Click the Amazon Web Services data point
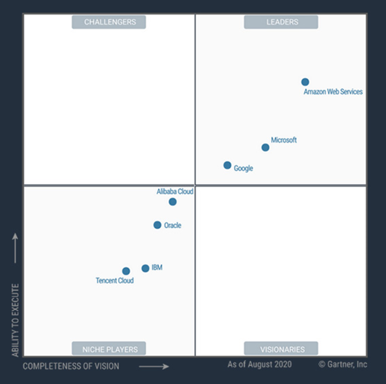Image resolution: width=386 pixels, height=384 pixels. (305, 82)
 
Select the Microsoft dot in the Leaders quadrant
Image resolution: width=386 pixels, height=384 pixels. (265, 148)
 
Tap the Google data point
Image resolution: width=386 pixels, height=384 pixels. (227, 165)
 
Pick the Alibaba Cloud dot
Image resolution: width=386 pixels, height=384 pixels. (172, 202)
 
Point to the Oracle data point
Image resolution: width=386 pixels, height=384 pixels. (157, 225)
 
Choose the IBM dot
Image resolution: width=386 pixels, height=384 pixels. (145, 268)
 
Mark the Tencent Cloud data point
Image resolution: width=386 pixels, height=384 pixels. (126, 271)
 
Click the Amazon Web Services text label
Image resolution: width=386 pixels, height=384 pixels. (333, 92)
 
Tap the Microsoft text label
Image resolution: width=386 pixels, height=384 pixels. (284, 140)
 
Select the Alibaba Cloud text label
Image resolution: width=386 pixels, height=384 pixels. (175, 192)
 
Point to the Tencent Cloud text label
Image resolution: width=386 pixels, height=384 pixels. (115, 281)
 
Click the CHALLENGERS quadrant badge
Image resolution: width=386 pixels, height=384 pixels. (109, 22)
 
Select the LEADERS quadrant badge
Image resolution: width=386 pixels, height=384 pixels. (281, 22)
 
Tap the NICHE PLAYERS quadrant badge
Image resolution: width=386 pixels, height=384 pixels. (109, 349)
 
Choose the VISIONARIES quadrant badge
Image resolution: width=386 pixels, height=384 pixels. (281, 349)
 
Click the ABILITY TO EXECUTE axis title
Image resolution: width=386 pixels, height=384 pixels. (15, 320)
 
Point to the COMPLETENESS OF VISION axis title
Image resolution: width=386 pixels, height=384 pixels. (71, 366)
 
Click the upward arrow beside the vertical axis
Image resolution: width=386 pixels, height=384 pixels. (15, 248)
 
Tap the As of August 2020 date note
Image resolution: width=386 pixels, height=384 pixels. (259, 364)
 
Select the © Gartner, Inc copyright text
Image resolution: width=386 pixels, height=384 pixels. (343, 364)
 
